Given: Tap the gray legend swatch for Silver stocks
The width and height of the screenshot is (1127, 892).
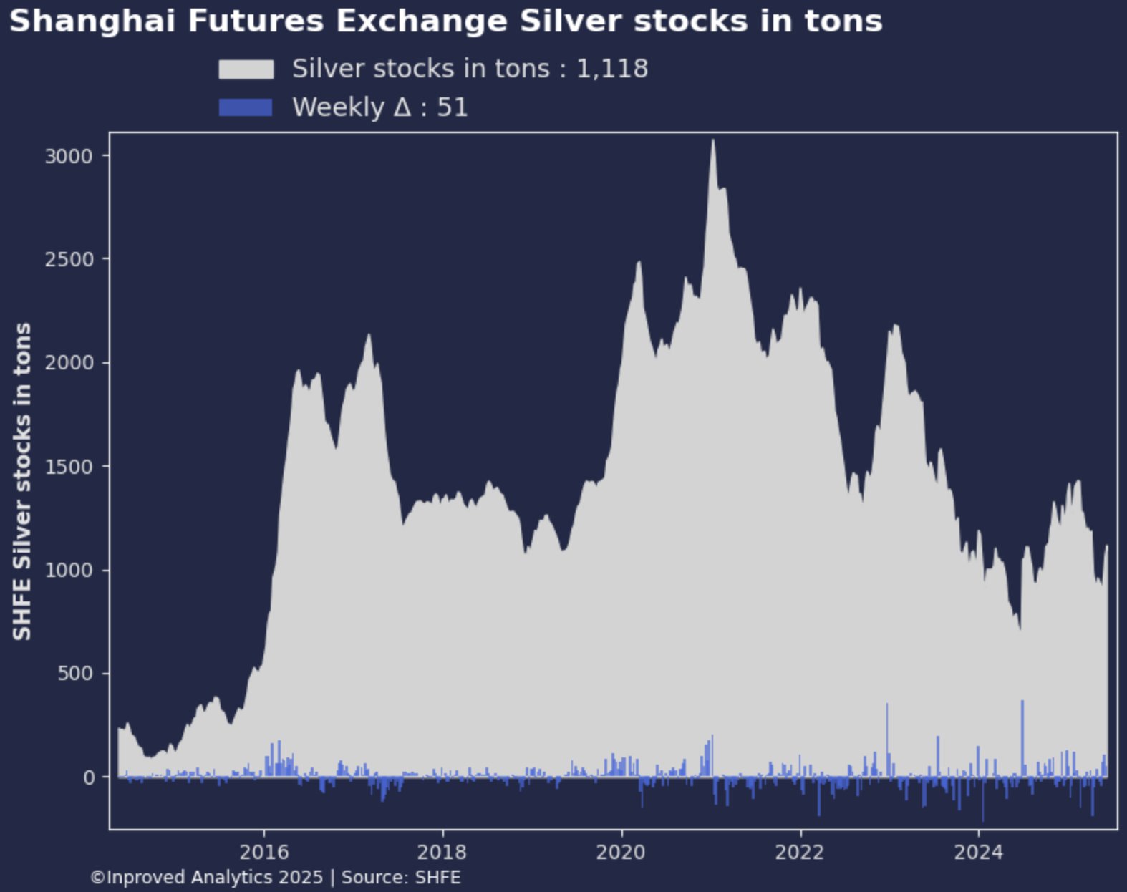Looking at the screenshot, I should click(246, 69).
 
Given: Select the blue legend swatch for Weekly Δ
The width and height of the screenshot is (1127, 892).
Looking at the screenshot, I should click(246, 107).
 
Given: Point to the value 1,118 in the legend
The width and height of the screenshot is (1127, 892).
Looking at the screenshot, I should click(612, 69).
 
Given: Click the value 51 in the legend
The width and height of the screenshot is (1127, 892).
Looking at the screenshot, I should click(453, 107).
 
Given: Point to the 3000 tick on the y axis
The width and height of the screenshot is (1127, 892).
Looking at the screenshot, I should click(69, 156).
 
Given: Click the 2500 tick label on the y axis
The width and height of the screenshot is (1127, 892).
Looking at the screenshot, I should click(69, 259).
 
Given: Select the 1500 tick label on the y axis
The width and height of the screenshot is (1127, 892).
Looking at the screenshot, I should click(69, 467).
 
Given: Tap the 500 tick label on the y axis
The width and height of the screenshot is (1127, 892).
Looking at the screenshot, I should click(76, 674).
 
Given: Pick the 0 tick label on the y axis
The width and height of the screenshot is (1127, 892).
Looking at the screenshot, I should click(90, 777).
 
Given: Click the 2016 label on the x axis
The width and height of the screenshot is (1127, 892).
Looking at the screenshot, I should click(264, 852).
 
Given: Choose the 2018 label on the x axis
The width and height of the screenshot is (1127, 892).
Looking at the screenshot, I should click(442, 852).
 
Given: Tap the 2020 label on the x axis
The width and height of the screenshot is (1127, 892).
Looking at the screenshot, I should click(621, 852).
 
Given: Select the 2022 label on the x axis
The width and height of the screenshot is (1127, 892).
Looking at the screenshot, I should click(800, 852).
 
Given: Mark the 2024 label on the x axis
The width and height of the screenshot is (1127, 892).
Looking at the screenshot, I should click(978, 852).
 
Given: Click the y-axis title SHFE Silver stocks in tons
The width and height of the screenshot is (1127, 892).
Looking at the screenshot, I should click(23, 481).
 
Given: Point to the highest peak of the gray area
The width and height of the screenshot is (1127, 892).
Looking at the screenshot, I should click(712, 142).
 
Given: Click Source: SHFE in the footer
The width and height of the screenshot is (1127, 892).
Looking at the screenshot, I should click(401, 878).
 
